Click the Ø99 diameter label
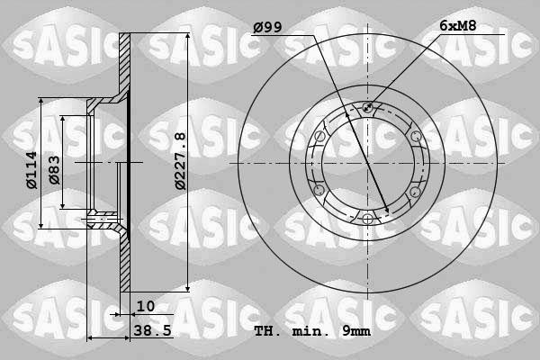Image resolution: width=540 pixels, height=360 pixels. [x=268, y=28]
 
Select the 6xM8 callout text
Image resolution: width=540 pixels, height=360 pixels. [x=458, y=27]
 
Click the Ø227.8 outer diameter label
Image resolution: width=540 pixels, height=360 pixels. [x=180, y=160]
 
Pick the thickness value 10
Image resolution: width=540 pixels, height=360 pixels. [x=146, y=306]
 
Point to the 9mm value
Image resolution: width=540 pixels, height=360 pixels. [x=356, y=331]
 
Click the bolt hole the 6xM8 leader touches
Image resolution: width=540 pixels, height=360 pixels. [x=367, y=108]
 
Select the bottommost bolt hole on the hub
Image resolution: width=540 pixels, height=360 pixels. [x=367, y=219]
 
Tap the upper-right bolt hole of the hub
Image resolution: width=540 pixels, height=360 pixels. [x=415, y=136]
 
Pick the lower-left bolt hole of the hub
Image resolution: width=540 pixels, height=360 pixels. [x=319, y=191]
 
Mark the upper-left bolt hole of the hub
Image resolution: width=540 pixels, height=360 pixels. [x=319, y=136]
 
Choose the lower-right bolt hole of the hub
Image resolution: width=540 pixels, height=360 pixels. [x=415, y=191]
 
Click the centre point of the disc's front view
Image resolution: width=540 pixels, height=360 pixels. [x=367, y=164]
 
